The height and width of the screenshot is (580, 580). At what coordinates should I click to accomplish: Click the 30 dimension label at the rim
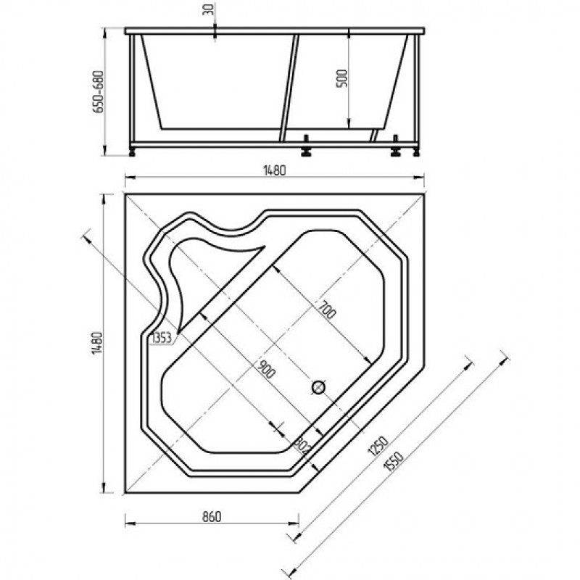(x=210, y=9)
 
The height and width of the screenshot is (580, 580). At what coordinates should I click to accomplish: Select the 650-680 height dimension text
(x=99, y=91)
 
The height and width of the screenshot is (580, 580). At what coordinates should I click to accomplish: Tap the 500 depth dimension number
(x=342, y=78)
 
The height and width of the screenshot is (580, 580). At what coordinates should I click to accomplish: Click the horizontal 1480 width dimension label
(x=275, y=170)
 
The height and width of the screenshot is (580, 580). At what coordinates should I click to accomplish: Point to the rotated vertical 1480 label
(x=96, y=343)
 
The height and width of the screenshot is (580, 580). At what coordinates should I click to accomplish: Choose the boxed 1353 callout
(x=162, y=338)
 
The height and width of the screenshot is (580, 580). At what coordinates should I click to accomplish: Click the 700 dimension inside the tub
(x=327, y=310)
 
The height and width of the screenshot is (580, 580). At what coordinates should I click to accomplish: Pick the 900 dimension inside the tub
(x=266, y=369)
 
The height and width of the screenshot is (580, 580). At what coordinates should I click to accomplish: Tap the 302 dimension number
(x=302, y=447)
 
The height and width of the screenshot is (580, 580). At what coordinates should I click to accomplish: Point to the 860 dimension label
(x=212, y=516)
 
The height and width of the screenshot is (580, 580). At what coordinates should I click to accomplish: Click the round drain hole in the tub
(x=318, y=387)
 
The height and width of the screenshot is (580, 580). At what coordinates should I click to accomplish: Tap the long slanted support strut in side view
(x=289, y=88)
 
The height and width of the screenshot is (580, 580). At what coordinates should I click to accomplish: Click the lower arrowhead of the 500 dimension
(x=349, y=124)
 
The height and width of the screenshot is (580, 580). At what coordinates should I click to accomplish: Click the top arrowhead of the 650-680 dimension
(x=104, y=33)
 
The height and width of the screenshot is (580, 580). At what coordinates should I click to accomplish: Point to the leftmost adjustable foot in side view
(x=132, y=152)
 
